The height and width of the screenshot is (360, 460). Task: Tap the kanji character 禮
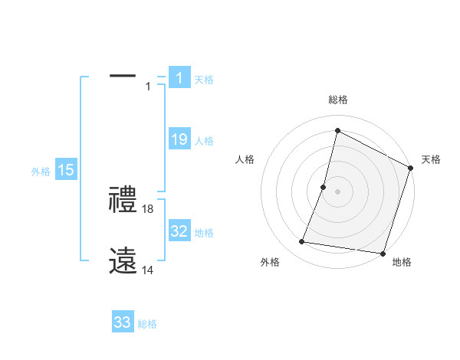pos(123,200)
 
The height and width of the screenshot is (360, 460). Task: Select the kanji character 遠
pos(123,261)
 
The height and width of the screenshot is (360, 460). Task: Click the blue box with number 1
pos(179,77)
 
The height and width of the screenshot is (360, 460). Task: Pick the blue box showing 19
pos(179,139)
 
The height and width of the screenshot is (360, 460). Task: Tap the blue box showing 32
pos(179,231)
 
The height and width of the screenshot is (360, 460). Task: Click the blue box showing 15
pos(66,170)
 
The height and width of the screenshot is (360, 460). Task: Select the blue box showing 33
pos(123,322)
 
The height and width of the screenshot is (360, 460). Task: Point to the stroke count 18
pos(148,209)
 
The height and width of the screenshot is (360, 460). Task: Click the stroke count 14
pos(148,270)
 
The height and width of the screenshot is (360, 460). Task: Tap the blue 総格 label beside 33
pos(147,324)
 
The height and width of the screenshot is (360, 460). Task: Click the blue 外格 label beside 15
pos(41,172)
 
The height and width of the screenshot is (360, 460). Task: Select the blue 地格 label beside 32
pos(204,233)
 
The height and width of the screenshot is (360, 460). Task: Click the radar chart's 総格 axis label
pos(337,100)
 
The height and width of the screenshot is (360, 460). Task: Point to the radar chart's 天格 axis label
pos(431,159)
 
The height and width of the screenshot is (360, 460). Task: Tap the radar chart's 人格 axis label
pos(245,159)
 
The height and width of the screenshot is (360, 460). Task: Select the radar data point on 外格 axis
pos(302,242)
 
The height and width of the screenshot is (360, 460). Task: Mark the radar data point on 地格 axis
pos(382,254)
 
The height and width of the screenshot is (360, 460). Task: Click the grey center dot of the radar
pos(337,191)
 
